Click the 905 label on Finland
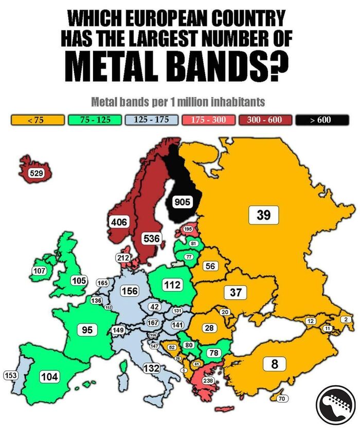[x=182, y=202]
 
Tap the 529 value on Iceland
[x=36, y=173]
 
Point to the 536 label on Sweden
[x=151, y=238]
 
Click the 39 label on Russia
[x=263, y=214]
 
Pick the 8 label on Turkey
[x=274, y=364]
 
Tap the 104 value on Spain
[x=49, y=377]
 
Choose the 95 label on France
[x=87, y=330]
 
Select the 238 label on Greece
[x=208, y=381]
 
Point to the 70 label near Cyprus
[x=281, y=399]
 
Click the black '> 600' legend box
[x=322, y=120]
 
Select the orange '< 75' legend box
[x=38, y=120]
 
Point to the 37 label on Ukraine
[x=236, y=292]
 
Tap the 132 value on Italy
[x=151, y=368]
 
